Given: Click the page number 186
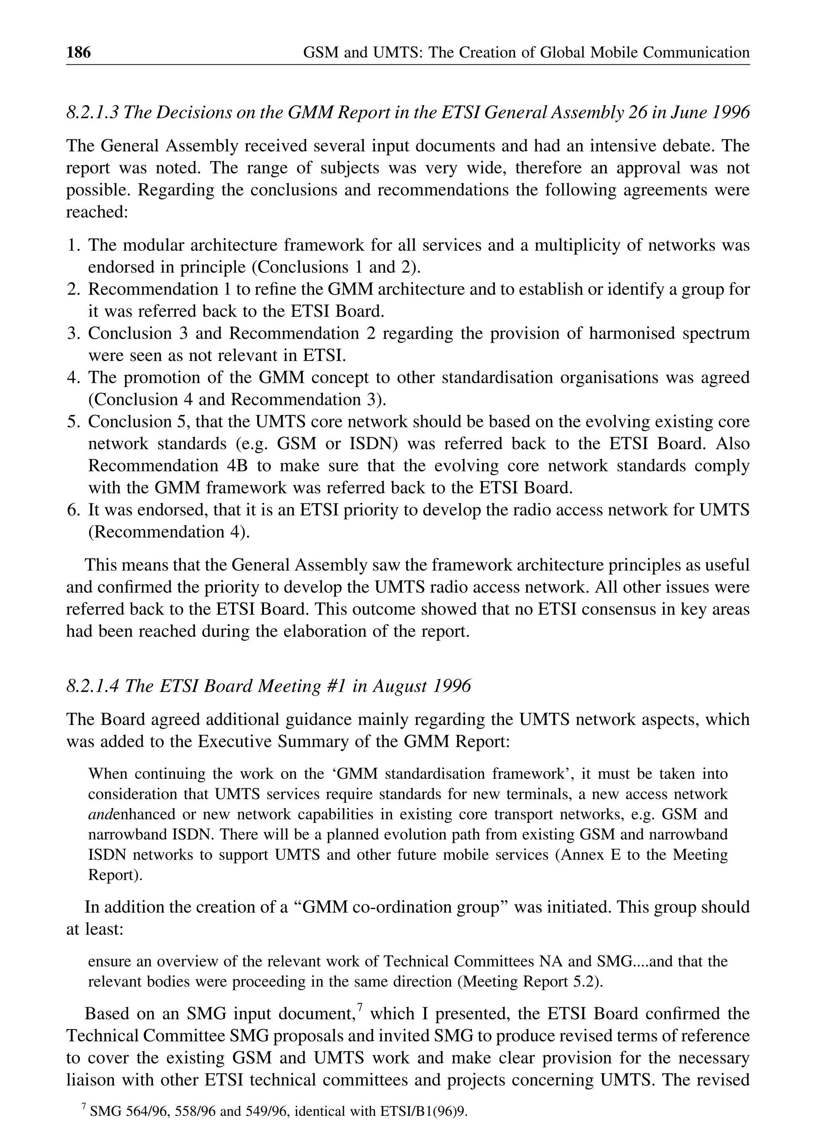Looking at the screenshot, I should click(79, 52).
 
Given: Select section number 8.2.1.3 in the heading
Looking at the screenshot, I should click(93, 112).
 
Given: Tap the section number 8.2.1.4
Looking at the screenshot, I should click(93, 686).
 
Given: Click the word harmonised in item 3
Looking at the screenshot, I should click(632, 334).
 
